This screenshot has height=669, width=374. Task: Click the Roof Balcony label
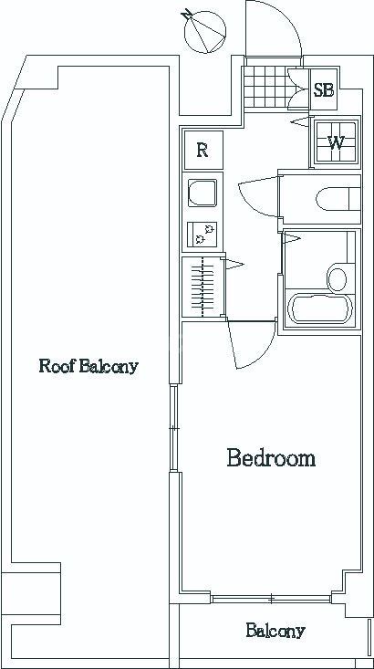pos(88,366)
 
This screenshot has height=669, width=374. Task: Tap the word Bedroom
pos(271,458)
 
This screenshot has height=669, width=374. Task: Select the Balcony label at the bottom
pos(275,630)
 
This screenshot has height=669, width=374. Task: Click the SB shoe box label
pos(324,90)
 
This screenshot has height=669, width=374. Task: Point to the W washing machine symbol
pos(336,142)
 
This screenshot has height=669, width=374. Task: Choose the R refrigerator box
pos(203,150)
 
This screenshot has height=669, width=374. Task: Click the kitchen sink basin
pos(203,193)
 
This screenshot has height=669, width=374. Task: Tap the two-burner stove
pos(203,234)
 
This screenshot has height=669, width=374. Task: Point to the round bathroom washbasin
pos(337,277)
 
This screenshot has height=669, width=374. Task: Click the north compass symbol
pos(203,31)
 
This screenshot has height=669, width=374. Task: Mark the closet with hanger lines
pos(203,287)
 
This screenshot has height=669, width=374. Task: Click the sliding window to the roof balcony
pos(173,428)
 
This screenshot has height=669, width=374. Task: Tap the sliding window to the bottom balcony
pos(271,599)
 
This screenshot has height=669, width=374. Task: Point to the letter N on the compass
pos(186,15)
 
